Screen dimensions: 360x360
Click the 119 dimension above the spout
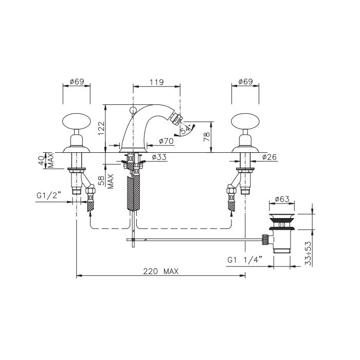[x=156, y=82]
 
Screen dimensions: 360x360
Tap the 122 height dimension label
[x=101, y=128]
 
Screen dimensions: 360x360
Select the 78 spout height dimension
[x=207, y=137]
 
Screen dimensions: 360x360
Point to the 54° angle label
[x=186, y=130]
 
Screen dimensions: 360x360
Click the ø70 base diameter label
[x=166, y=141]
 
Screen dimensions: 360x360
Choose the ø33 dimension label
[x=159, y=157]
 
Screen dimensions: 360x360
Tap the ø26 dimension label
[x=269, y=157]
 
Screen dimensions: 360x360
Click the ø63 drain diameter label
[x=282, y=199]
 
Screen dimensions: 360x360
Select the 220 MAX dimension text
[x=160, y=272]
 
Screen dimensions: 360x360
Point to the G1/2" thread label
[x=49, y=195]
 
